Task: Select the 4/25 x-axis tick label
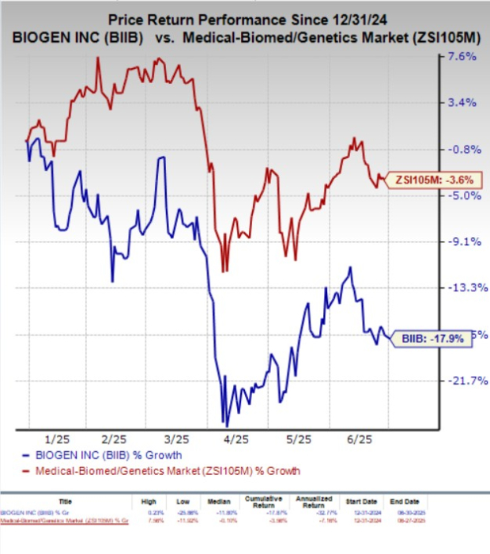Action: (x=237, y=438)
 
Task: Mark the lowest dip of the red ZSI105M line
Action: (x=224, y=271)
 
